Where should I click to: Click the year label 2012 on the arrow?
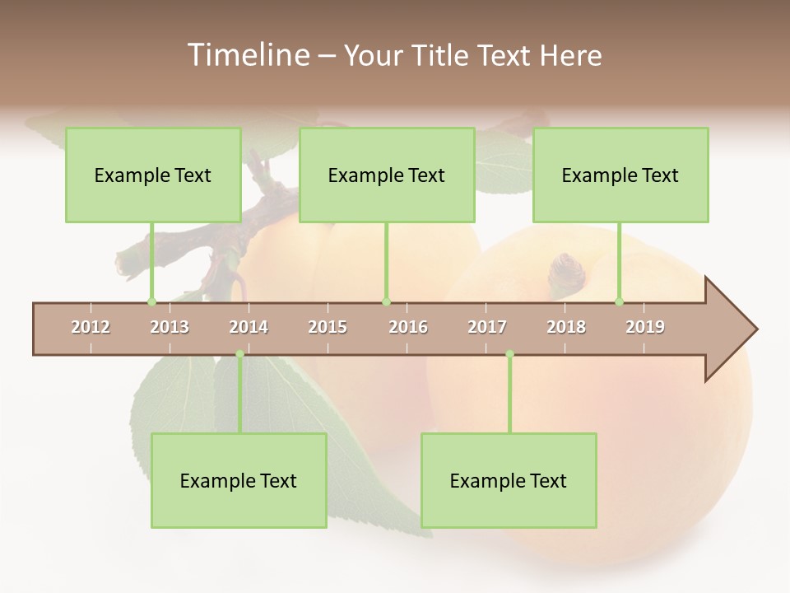91,327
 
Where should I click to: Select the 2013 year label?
170,327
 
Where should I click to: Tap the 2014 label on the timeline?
249,327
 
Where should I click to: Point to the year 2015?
328,327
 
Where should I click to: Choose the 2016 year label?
408,327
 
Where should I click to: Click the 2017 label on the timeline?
487,327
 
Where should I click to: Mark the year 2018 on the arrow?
566,327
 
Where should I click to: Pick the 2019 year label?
645,327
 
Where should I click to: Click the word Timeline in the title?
247,55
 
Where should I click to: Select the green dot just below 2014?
239,354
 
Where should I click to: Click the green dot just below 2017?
509,354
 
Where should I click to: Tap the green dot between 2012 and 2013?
151,301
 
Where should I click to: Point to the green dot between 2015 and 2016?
386,301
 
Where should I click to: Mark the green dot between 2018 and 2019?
620,301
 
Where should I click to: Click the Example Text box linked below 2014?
239,481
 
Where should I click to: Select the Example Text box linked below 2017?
509,481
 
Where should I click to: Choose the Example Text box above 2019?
620,175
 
